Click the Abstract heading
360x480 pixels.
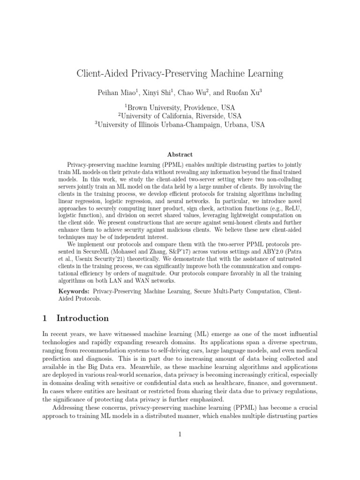(180, 154)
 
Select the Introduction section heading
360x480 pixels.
(82, 318)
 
